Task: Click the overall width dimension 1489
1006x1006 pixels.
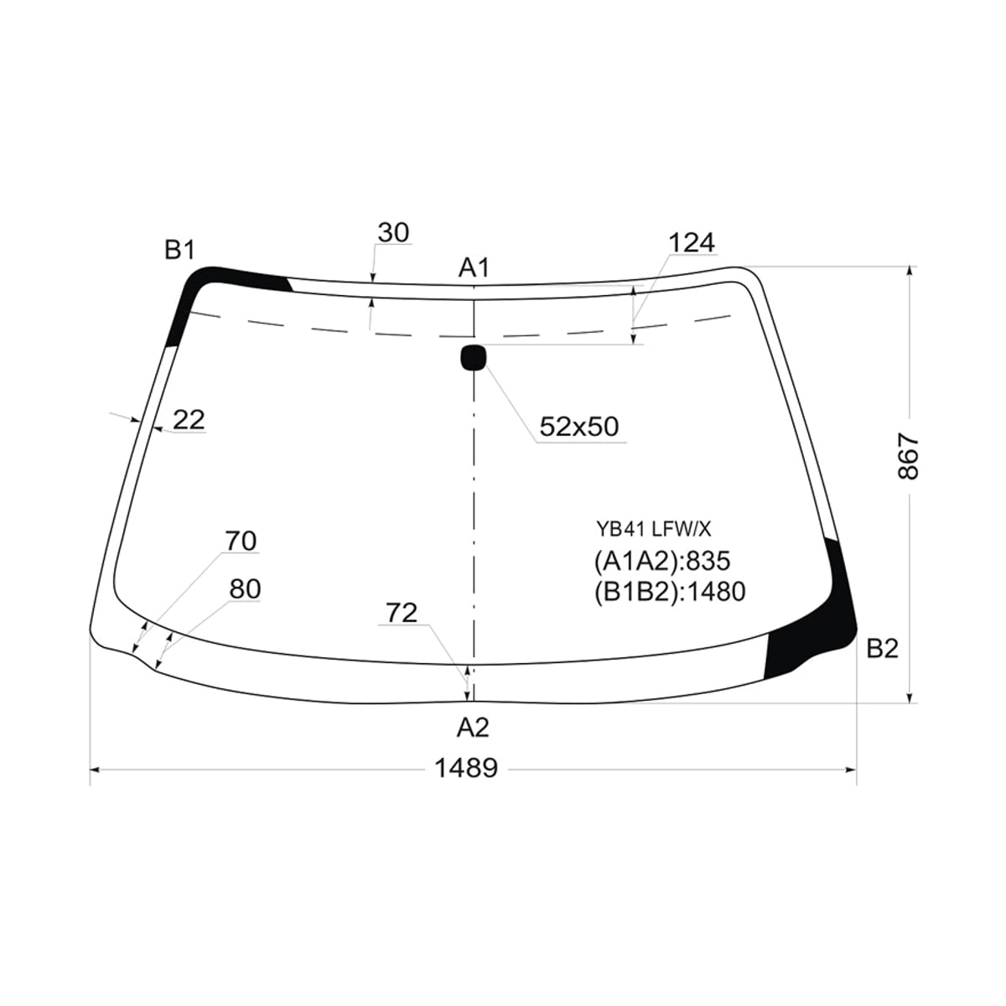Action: click(466, 768)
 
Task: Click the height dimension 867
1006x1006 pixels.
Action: click(908, 456)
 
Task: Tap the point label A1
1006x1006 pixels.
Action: click(474, 267)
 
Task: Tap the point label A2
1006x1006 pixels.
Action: click(473, 727)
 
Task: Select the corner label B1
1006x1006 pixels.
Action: click(179, 250)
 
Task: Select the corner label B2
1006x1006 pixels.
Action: click(883, 649)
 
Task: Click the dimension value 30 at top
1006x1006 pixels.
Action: click(394, 233)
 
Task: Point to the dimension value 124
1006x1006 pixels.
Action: click(692, 243)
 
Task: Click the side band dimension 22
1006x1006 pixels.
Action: click(189, 420)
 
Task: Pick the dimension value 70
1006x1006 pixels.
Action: click(241, 541)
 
